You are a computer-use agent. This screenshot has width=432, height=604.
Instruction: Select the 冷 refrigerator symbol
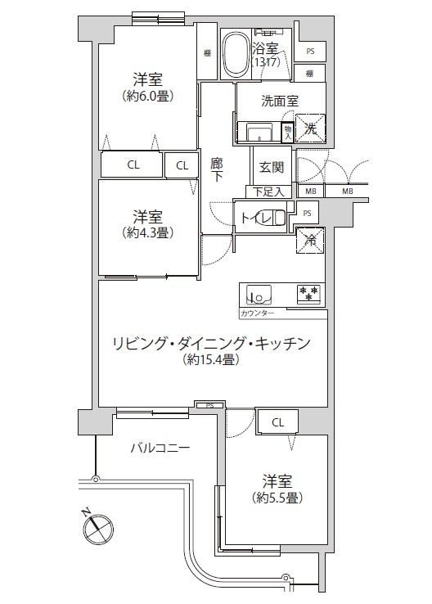(310, 240)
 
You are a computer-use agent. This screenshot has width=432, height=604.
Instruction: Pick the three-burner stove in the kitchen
(308, 294)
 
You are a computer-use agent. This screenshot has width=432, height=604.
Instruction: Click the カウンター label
(257, 313)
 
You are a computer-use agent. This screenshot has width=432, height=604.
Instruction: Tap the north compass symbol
(97, 529)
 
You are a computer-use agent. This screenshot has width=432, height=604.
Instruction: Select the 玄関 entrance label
(272, 167)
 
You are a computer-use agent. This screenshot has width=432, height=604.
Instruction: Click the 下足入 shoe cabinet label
(268, 192)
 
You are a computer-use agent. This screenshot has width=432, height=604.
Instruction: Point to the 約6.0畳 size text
(148, 96)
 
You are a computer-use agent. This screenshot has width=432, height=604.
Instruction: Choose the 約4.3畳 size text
(148, 232)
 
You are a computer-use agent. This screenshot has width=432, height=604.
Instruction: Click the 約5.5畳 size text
(277, 498)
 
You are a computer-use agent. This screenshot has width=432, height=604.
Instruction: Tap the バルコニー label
(160, 448)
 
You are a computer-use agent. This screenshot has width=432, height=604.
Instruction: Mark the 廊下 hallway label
(217, 171)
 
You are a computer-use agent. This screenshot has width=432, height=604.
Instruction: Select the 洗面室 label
(280, 101)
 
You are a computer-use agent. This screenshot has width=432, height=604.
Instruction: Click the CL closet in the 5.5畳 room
(278, 422)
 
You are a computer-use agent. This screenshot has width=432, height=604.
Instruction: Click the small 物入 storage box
(287, 132)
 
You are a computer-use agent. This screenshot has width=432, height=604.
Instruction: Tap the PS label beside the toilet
(307, 213)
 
